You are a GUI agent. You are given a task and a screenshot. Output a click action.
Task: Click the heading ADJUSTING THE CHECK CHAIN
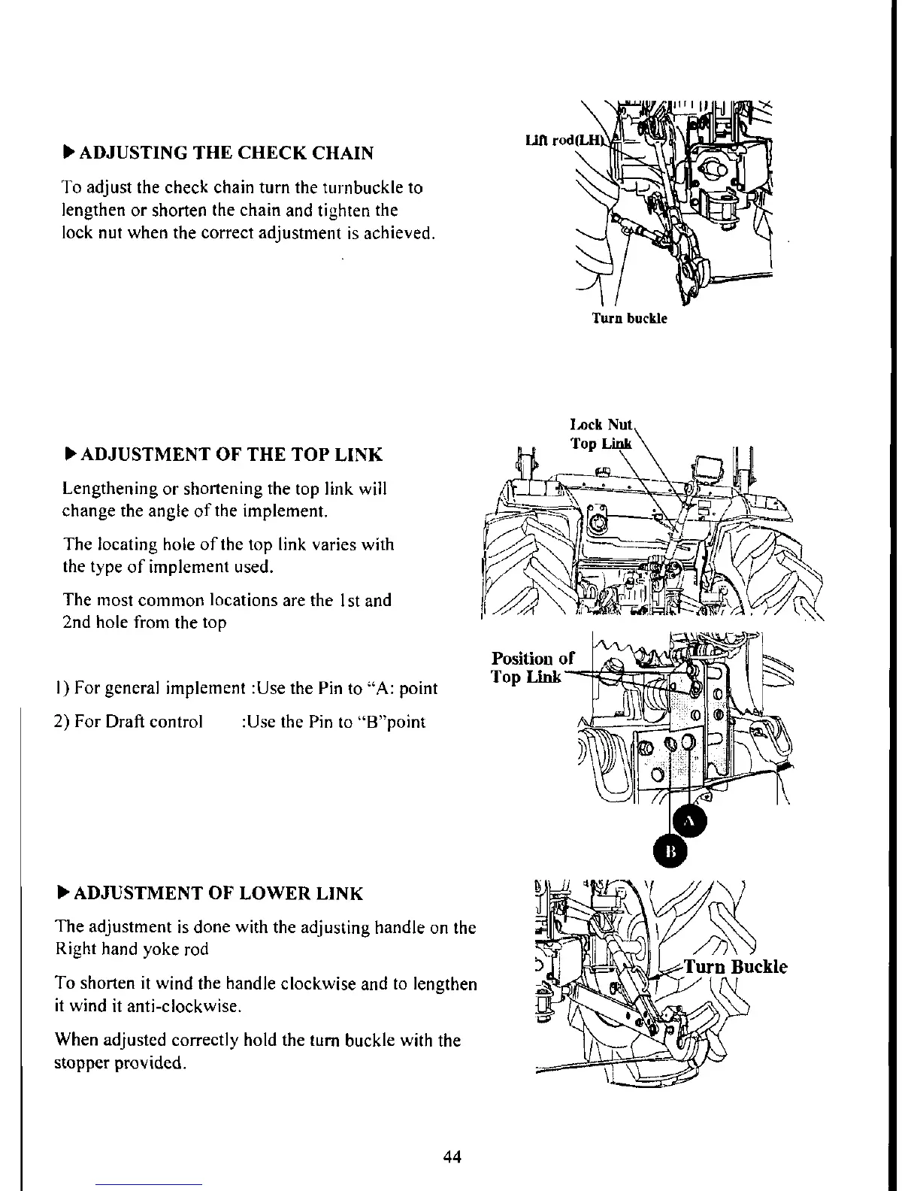pyautogui.click(x=225, y=153)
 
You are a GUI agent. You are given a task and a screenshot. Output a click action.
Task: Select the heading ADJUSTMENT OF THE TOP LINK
pyautogui.click(x=231, y=455)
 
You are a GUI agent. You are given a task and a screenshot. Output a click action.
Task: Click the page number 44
pyautogui.click(x=452, y=1156)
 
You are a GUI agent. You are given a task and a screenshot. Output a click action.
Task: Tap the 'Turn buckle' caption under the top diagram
pyautogui.click(x=629, y=318)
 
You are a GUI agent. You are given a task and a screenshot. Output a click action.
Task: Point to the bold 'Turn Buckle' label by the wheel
pyautogui.click(x=736, y=966)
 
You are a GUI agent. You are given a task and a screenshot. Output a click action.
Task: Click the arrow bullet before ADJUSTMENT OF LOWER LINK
pyautogui.click(x=63, y=892)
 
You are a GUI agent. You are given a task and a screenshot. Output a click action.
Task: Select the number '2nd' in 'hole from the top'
pyautogui.click(x=77, y=623)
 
